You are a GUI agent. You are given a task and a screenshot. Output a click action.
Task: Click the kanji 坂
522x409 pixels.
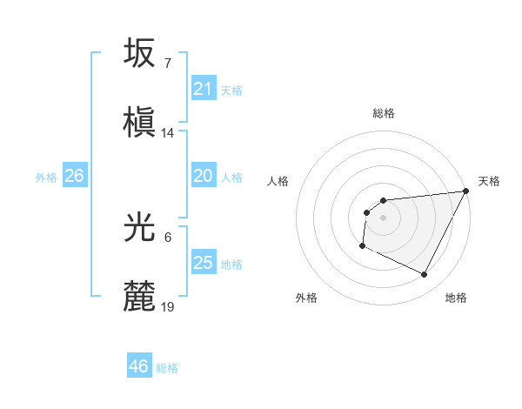pos(140,53)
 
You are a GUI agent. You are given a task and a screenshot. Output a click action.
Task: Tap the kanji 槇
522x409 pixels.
pos(140,122)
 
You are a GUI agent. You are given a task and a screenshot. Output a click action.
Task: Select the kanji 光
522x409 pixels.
pos(140,227)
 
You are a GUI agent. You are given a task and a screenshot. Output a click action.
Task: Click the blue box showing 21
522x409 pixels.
pos(203,89)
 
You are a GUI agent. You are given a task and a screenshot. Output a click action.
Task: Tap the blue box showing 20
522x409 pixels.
pos(203,176)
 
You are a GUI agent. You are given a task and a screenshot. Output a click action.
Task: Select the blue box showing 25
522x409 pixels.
pos(203,263)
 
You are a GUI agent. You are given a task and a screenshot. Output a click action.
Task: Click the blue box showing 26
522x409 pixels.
pos(74,176)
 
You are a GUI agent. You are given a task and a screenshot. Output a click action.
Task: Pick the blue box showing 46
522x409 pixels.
pos(138,366)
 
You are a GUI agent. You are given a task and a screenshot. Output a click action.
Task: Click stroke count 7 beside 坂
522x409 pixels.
pos(167,64)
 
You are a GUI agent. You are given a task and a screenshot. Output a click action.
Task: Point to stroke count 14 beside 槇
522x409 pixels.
pos(168,133)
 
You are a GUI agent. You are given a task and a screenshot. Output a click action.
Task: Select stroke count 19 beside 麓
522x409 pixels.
pos(168,307)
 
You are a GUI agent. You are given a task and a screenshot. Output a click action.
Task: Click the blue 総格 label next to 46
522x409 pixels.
pos(167,368)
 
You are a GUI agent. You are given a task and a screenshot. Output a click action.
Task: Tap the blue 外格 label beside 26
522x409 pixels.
pos(46,178)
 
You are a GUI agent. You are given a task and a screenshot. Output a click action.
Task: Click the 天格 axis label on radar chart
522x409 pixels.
pos(489,182)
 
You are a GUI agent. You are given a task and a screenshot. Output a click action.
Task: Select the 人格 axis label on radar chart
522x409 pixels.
pos(278,182)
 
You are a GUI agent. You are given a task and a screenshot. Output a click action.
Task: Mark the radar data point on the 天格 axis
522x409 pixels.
pos(465,191)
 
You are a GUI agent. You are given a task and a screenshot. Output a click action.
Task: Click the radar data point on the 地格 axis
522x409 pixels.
pos(425,275)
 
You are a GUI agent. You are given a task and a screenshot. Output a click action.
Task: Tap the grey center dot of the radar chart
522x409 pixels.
pos(383,218)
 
